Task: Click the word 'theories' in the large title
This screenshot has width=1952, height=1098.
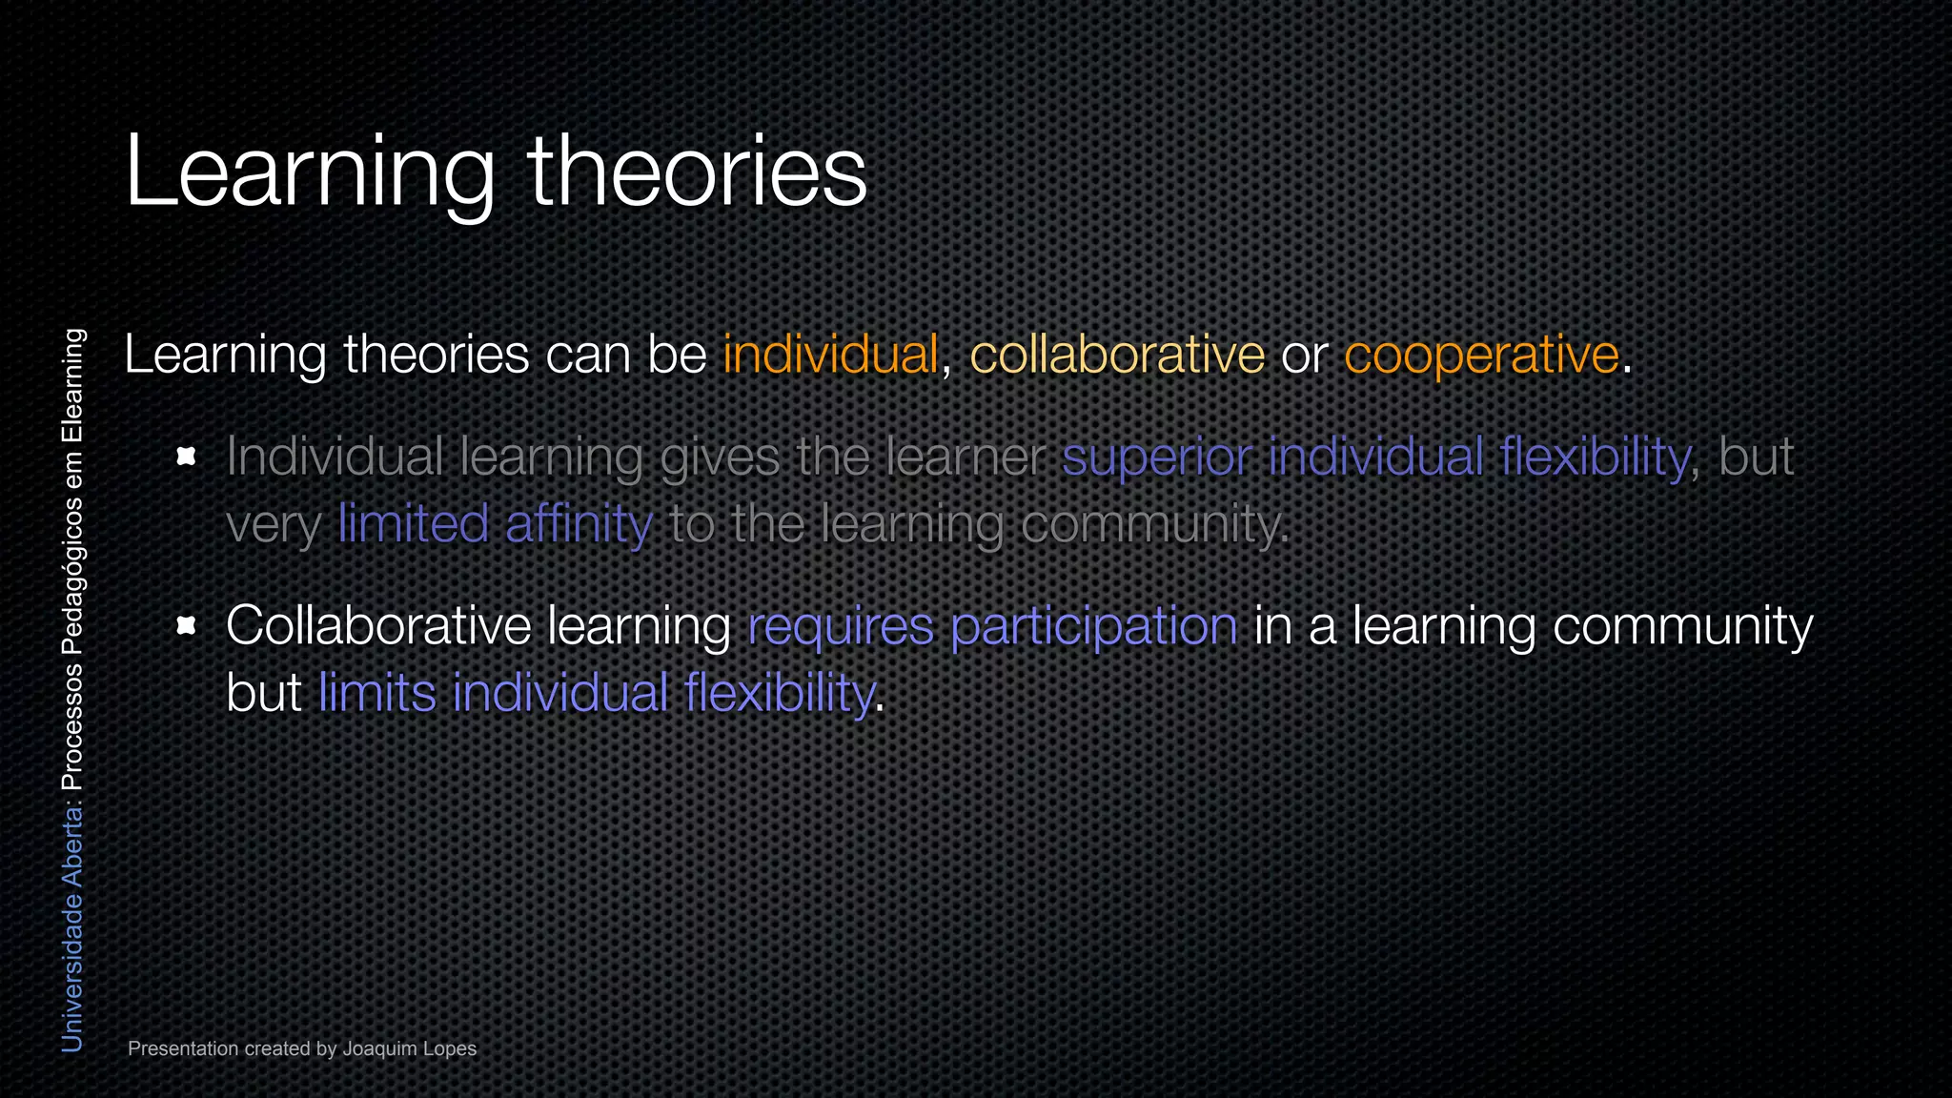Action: tap(697, 172)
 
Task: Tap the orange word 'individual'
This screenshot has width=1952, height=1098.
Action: tap(830, 355)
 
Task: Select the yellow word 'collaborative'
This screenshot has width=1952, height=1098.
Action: tap(1117, 355)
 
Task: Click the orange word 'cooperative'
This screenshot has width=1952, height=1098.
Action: tap(1481, 355)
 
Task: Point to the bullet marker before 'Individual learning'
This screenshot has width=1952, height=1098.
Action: tap(187, 457)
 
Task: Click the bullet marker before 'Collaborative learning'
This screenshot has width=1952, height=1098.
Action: tap(187, 625)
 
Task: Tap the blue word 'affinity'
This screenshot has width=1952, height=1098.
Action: tap(579, 523)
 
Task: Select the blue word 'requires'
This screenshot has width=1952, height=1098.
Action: tap(841, 626)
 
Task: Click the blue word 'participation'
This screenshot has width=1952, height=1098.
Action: tap(1093, 626)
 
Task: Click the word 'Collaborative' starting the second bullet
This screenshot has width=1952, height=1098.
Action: tap(378, 626)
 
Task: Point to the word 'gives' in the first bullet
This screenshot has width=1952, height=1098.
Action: tap(720, 457)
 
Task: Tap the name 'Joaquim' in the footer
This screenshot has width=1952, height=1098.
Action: tap(379, 1048)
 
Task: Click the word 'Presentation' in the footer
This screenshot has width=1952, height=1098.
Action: tap(183, 1048)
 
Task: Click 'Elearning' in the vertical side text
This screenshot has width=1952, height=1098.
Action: tap(72, 386)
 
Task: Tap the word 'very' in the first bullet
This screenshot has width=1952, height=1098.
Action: tap(273, 525)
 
